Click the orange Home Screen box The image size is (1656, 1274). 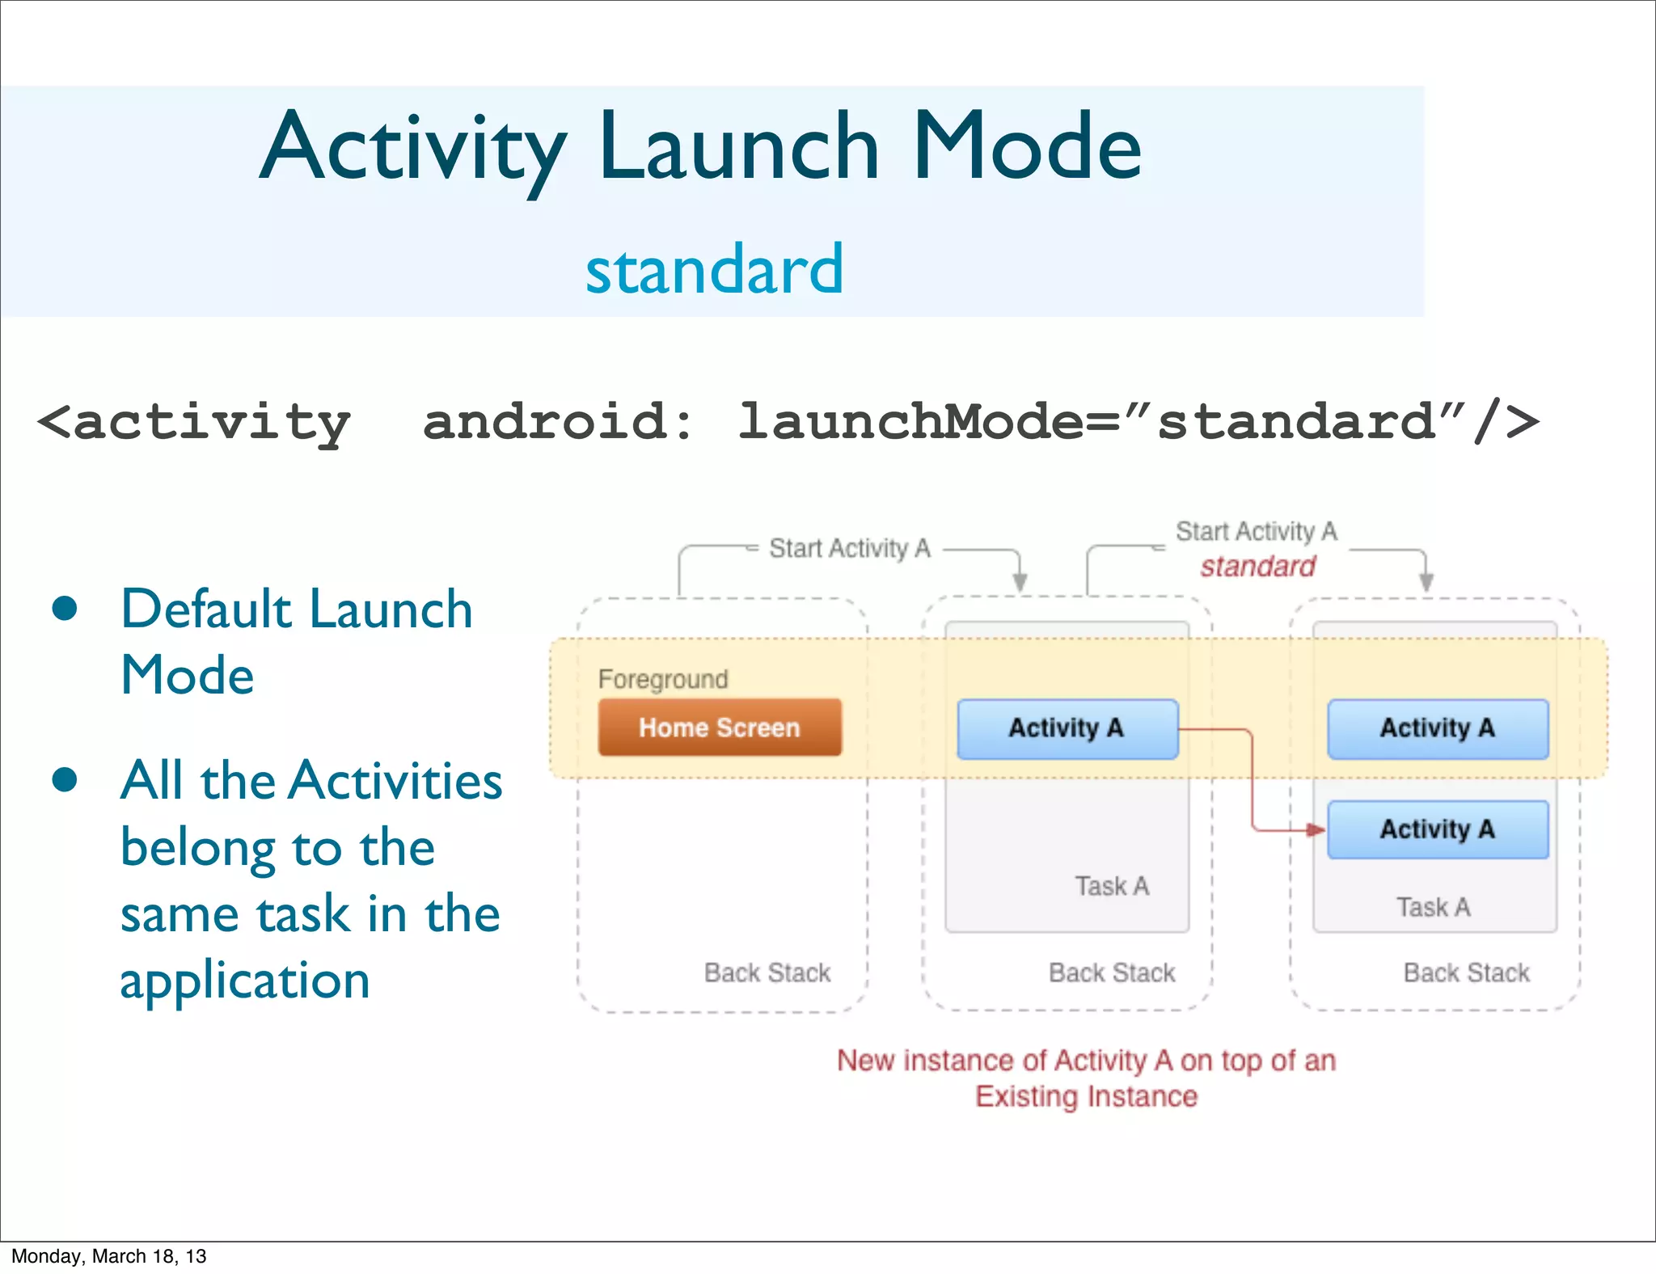[719, 728]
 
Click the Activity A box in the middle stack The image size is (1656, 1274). [1067, 728]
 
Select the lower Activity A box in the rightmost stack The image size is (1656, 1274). [1437, 829]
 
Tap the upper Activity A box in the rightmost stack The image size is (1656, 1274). [1437, 728]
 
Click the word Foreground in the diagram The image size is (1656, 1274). [663, 679]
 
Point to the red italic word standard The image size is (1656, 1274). [1257, 567]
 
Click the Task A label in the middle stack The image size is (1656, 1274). [1112, 886]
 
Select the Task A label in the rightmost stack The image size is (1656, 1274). [1433, 907]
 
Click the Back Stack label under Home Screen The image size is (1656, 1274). [767, 972]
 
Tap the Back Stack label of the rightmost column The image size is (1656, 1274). [1466, 972]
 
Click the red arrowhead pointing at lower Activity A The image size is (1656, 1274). [1316, 829]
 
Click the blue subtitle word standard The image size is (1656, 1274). [714, 269]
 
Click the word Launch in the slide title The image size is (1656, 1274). [738, 147]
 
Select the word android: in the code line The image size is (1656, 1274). [558, 422]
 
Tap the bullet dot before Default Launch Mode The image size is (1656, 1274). [65, 609]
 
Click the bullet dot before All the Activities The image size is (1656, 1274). [65, 780]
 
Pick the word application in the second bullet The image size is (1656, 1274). [245, 981]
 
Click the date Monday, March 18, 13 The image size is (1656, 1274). [108, 1256]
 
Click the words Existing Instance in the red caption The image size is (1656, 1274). [1086, 1097]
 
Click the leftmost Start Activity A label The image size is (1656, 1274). [849, 549]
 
